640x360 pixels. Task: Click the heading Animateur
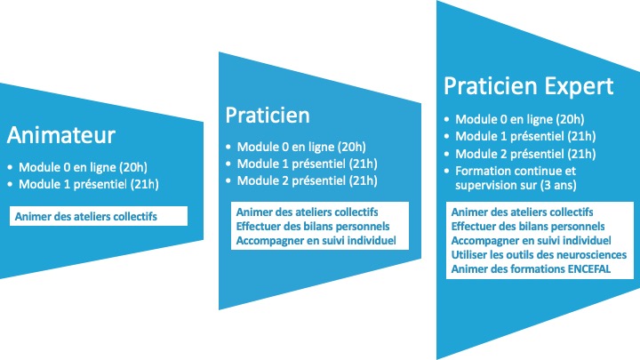click(x=61, y=135)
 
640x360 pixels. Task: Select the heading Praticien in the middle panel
click(x=268, y=115)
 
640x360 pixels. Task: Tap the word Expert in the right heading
click(x=579, y=86)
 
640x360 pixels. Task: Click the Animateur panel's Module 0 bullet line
click(x=83, y=167)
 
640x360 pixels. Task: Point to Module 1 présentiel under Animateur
click(x=89, y=185)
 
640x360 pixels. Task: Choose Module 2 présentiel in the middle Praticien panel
click(x=307, y=180)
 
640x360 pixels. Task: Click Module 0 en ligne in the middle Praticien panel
click(x=301, y=147)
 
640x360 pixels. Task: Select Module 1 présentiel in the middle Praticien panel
click(x=307, y=164)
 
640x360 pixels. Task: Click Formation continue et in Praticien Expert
click(x=516, y=171)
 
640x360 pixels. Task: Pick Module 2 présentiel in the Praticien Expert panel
click(x=525, y=154)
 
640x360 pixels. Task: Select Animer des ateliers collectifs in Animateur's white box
click(x=85, y=216)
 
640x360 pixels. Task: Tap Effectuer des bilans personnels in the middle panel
click(x=313, y=227)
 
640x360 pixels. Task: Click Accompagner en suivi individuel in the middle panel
click(x=316, y=241)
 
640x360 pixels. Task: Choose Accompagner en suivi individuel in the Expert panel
click(x=531, y=241)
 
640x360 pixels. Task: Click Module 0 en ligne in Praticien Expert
click(x=520, y=120)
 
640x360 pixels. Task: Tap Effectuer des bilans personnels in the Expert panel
click(x=528, y=227)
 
